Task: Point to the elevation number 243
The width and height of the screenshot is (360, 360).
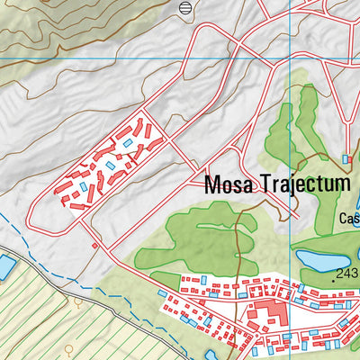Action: [346, 274]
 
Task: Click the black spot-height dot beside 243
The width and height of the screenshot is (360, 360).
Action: [333, 279]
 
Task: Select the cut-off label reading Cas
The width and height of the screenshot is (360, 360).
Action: [349, 218]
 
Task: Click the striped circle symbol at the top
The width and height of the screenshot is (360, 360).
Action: [185, 8]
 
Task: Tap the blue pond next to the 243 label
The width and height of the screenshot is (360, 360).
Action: [315, 262]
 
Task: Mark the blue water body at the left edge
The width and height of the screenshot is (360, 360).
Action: [6, 266]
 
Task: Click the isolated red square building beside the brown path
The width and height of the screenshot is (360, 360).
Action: [94, 244]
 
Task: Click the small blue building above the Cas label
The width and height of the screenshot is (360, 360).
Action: [346, 159]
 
